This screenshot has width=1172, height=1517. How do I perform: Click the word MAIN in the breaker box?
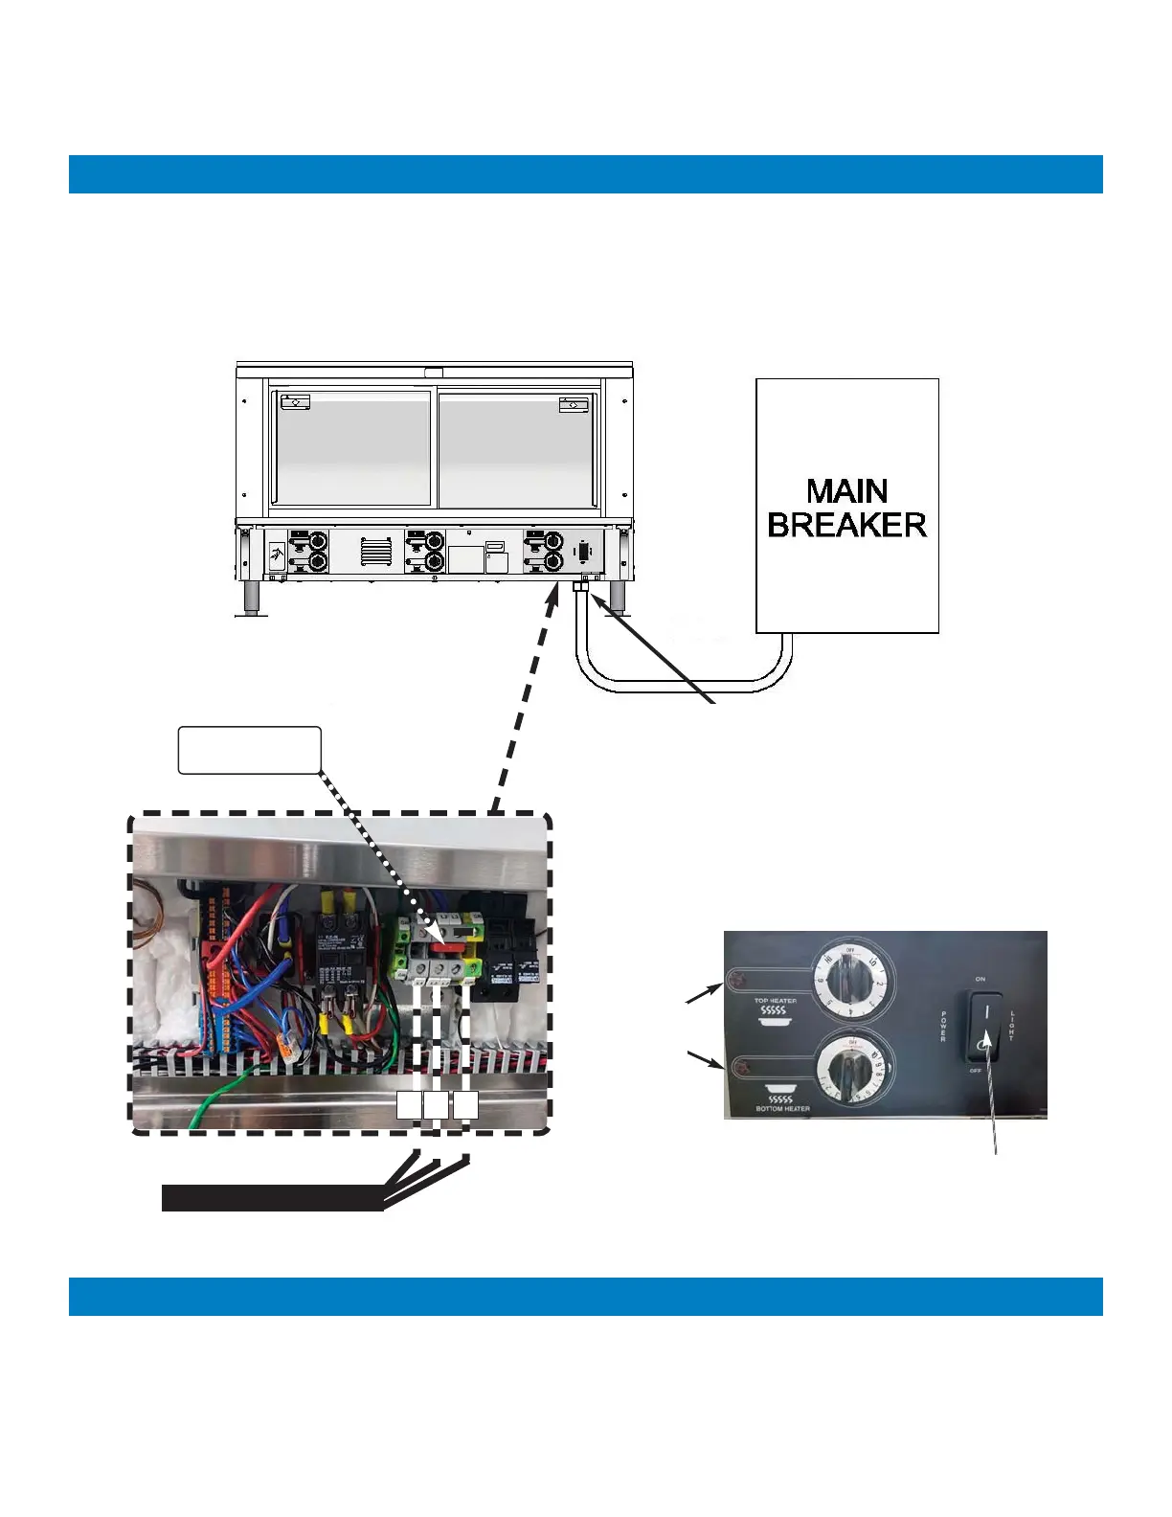(x=846, y=491)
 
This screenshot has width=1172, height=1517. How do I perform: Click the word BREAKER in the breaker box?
(x=846, y=525)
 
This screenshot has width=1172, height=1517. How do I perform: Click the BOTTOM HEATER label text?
(x=782, y=1109)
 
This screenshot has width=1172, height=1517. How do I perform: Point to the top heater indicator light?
(x=737, y=980)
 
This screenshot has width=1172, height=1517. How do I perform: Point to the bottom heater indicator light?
(x=739, y=1066)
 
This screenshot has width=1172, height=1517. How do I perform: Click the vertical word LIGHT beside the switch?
(x=1011, y=1027)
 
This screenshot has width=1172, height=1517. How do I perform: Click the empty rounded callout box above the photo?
(x=249, y=750)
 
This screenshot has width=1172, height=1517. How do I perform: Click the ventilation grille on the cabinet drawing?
(x=376, y=551)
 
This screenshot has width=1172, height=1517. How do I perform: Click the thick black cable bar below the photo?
(x=272, y=1198)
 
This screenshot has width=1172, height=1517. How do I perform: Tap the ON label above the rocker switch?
(x=980, y=980)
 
